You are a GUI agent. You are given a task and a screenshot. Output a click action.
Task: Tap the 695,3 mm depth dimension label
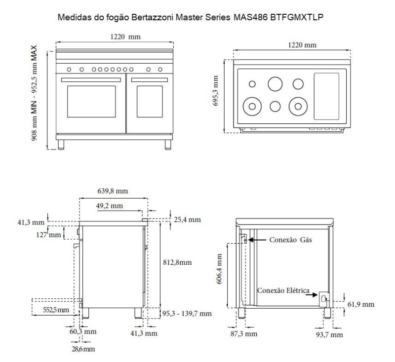point(216,93)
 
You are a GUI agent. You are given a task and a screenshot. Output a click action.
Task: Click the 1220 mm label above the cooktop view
point(302,45)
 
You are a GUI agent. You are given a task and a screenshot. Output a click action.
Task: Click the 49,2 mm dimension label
point(110,206)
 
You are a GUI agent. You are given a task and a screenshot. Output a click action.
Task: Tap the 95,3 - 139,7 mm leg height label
point(187,313)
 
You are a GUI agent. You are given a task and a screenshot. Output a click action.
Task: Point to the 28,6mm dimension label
point(82,349)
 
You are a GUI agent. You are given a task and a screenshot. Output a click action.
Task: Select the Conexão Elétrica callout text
point(283,290)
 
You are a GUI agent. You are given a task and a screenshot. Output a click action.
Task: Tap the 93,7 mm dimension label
point(329,334)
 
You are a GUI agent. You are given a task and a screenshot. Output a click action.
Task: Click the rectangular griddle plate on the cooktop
point(326,97)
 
